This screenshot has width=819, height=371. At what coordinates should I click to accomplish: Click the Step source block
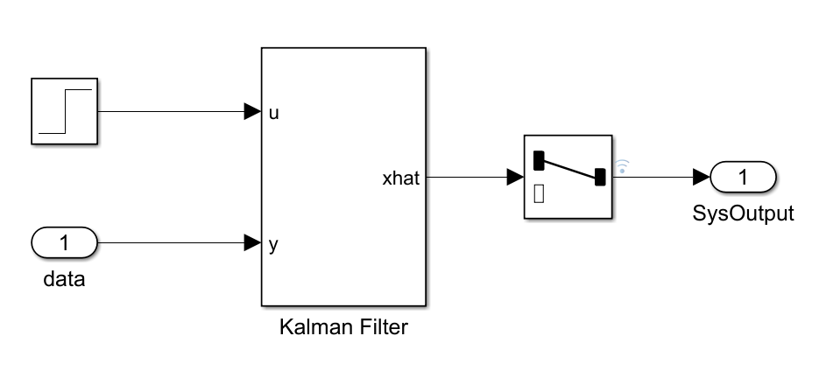[65, 112]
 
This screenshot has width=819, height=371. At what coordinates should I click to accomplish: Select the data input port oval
[65, 242]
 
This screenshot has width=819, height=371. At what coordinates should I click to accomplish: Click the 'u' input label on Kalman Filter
[274, 113]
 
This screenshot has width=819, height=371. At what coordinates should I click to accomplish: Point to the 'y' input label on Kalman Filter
[274, 244]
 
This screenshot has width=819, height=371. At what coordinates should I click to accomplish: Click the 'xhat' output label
[401, 179]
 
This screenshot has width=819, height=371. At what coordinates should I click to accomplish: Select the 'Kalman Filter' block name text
[343, 328]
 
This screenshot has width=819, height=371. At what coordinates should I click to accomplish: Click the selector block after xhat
[568, 178]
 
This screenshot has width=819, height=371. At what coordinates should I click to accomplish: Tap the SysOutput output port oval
[743, 178]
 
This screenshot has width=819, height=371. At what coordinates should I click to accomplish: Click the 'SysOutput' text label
[743, 213]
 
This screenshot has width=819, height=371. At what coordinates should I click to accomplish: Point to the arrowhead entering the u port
[253, 112]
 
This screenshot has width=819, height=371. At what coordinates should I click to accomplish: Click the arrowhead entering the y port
[253, 242]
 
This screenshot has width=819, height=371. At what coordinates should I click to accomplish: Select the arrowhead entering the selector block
[515, 178]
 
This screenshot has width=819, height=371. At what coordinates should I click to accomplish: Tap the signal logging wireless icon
[623, 166]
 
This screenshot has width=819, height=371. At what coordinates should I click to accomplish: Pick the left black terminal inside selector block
[539, 160]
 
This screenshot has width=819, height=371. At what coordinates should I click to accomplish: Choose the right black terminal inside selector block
[600, 178]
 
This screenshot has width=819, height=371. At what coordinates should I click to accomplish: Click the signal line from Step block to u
[171, 112]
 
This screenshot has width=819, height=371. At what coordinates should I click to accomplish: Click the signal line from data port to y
[171, 242]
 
